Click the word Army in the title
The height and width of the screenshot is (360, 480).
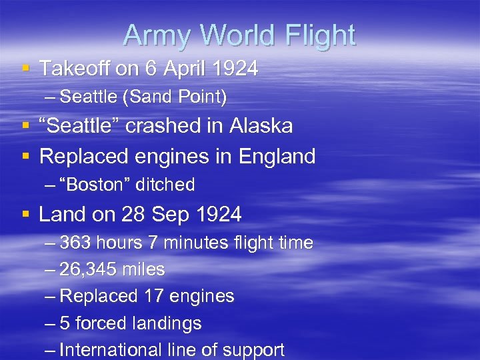[x=152, y=35]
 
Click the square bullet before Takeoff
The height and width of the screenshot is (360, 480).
[x=25, y=69]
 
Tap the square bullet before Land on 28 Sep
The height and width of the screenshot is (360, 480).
[x=25, y=215]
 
